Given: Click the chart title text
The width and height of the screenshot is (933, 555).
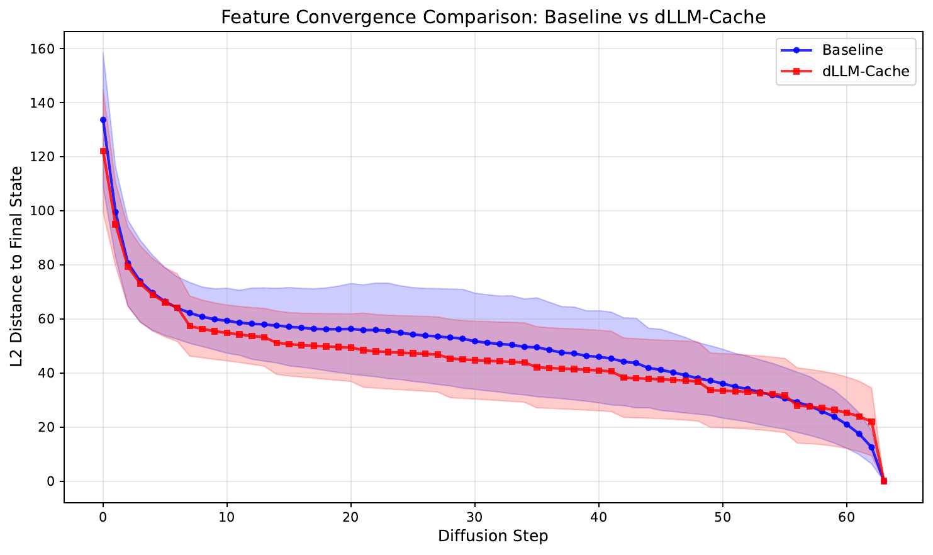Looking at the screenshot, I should pos(493,17).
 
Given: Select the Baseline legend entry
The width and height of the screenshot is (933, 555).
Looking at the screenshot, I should pos(852,50).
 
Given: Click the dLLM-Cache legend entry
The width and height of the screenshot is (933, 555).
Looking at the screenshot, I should pos(866,72).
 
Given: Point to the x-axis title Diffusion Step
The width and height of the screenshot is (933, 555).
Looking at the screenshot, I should pos(493,536).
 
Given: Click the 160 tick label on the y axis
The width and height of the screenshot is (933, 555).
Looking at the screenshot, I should pos(42,49).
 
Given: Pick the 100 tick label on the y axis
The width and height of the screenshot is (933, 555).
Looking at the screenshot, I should pos(42,211).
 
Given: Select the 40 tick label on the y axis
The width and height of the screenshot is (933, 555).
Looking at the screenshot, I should pos(45,374).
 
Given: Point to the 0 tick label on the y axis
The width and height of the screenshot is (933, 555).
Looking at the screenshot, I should pos(50,482).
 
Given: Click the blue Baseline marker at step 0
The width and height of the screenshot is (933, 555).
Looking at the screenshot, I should pos(103,120).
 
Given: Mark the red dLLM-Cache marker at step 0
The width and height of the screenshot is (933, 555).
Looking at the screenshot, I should pos(103,151).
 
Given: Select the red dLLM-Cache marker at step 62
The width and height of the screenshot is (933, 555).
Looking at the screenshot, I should pos(871,422).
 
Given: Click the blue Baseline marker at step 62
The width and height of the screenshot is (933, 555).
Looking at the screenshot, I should pos(871,447).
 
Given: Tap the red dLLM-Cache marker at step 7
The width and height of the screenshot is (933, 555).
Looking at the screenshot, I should pos(190,326).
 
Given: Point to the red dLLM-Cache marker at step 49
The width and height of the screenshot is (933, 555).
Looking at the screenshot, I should pos(710,390).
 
